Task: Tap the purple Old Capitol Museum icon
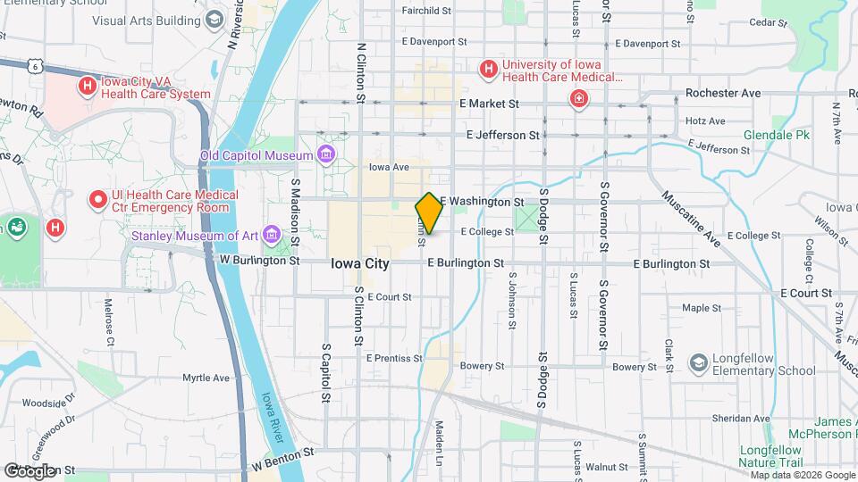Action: [x=324, y=156]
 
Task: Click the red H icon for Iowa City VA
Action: [x=87, y=87]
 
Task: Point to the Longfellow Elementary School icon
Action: [x=698, y=363]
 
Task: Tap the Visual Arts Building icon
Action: [x=214, y=19]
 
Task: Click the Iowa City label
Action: [x=359, y=263]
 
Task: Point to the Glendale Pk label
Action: [x=776, y=136]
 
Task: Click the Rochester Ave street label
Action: [x=723, y=93]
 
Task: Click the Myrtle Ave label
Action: [x=206, y=378]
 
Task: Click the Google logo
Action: [x=29, y=470]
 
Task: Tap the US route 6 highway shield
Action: [x=33, y=65]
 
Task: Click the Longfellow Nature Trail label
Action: [x=775, y=455]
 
